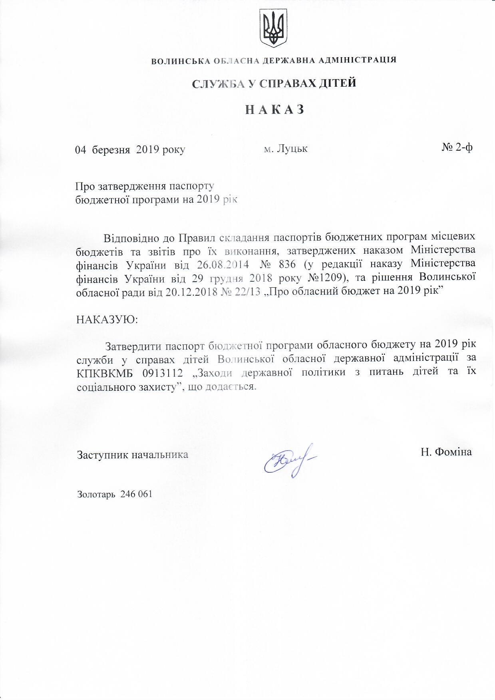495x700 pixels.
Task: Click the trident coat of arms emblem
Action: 274,28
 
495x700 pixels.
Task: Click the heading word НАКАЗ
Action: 274,109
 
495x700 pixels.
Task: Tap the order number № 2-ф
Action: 457,147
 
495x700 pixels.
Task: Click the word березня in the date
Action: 111,150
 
